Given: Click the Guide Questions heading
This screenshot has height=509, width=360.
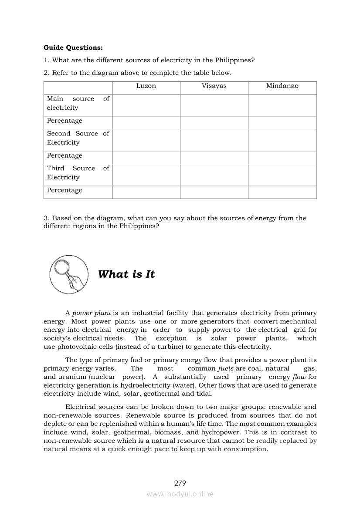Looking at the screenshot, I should (73, 47).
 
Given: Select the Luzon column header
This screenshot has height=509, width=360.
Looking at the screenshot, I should (146, 86).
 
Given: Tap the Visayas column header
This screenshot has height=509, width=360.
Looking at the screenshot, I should (214, 86).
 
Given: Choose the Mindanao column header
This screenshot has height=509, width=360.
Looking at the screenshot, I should (282, 86).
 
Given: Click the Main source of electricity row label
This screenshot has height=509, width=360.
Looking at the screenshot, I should (78, 103).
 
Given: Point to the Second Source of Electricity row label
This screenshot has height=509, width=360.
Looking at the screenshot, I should (78, 138).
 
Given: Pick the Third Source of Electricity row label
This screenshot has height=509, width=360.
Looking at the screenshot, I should (78, 173).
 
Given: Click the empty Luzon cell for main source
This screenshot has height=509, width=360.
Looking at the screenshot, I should (146, 105).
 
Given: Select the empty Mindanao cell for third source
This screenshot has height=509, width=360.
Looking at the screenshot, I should (282, 175).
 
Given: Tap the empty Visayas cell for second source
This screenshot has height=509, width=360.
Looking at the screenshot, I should (214, 140).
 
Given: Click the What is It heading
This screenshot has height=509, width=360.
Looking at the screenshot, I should (126, 274).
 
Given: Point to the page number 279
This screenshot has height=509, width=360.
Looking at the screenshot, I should (180, 483).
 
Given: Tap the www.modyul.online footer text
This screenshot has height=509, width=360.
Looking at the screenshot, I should (180, 494).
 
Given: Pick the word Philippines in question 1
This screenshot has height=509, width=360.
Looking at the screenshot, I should (234, 60).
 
